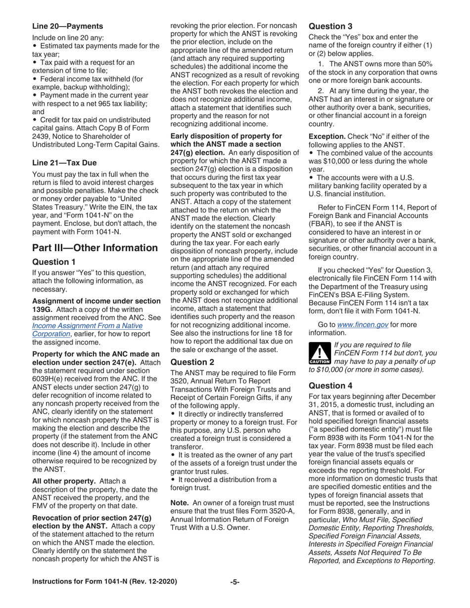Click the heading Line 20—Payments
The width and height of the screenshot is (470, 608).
coord(68,26)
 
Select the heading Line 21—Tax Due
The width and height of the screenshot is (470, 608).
coord(64,163)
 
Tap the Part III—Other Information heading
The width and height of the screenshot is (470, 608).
coord(95,248)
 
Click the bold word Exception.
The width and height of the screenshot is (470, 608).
coord(327,136)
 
